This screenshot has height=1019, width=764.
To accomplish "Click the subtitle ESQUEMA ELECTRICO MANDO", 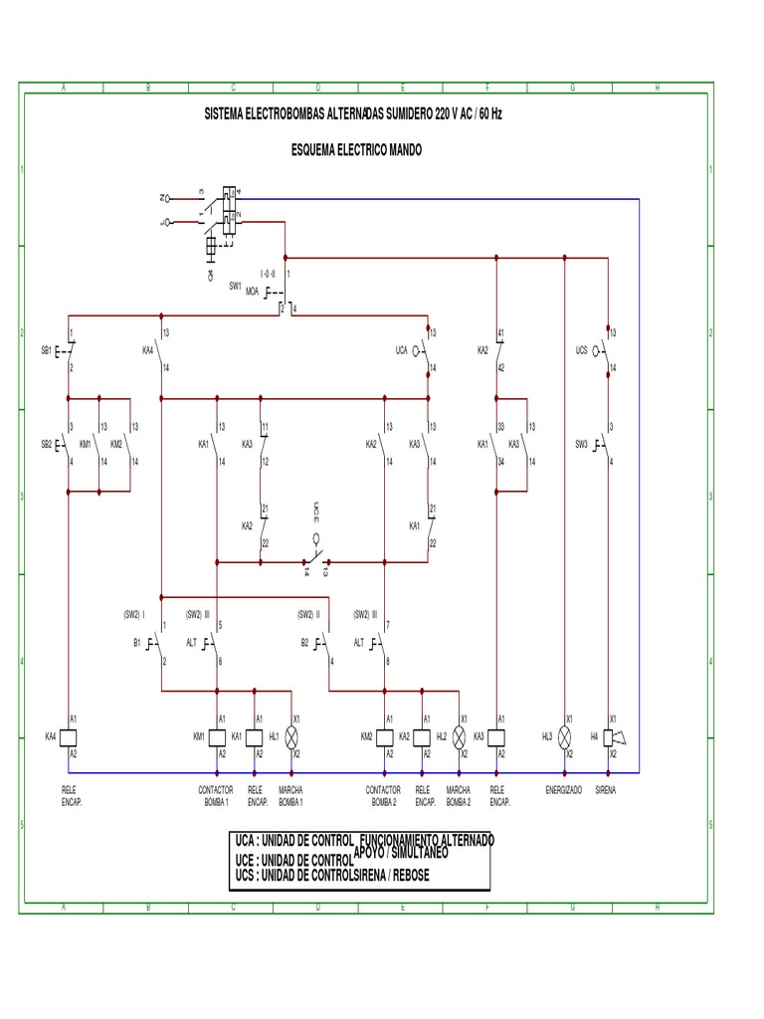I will tap(355, 149).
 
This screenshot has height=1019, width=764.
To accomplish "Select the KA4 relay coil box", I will tap(68, 736).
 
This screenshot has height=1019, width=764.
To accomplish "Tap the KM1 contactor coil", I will tap(217, 736).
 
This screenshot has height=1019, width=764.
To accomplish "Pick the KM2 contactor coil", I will tap(385, 736).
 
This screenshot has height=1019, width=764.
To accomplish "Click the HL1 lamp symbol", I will tap(291, 736).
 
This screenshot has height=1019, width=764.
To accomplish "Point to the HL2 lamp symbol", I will tap(460, 736).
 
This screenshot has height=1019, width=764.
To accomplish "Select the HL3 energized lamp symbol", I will tap(565, 736).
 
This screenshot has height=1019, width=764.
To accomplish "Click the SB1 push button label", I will tap(47, 350).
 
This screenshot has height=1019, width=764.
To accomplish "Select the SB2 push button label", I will tap(47, 443).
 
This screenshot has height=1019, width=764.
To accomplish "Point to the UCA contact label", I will tap(402, 350).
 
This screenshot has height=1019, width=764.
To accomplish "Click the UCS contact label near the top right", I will tap(582, 350).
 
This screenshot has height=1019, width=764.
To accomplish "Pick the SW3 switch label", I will tap(582, 443).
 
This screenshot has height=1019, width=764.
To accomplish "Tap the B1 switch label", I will tap(137, 643).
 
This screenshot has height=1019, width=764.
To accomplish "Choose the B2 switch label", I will tap(305, 643).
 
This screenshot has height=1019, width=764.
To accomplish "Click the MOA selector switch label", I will tap(252, 292).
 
